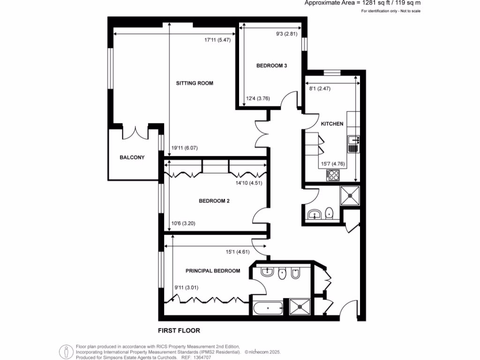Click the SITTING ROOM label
click(195, 83)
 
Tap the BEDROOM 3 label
click(271, 66)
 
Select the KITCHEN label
click(332, 124)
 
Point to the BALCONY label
click(132, 157)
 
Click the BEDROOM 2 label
click(214, 201)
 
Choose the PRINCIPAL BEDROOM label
click(213, 271)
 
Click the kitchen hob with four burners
click(333, 175)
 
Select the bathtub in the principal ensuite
click(267, 308)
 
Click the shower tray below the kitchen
click(351, 196)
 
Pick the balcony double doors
click(135, 132)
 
